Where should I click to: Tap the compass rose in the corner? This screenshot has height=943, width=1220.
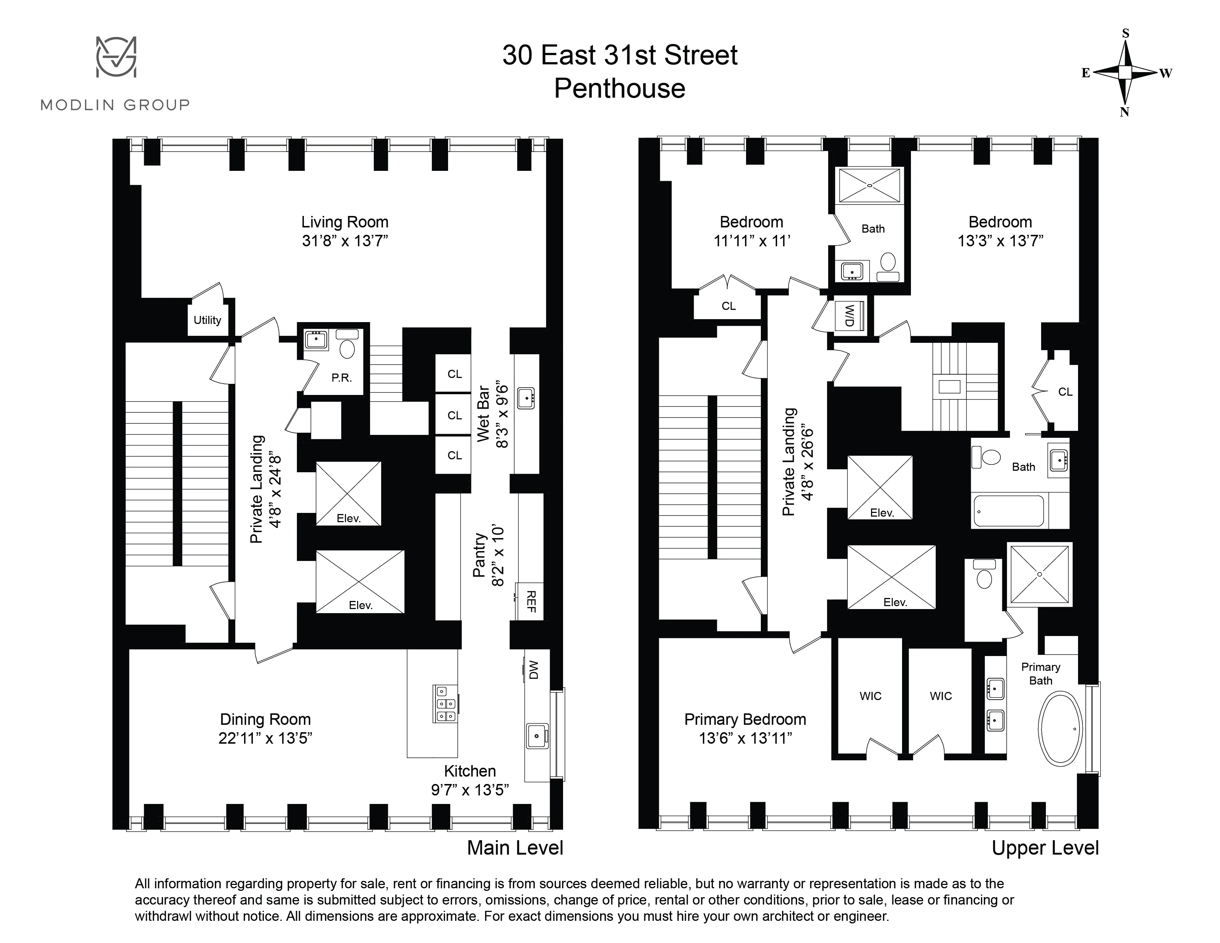1125,72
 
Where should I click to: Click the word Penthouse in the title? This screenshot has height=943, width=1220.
620,88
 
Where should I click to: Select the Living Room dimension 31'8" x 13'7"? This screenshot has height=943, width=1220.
345,241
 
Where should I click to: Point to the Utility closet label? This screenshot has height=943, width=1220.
207,320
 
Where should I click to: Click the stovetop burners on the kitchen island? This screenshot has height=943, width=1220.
445,703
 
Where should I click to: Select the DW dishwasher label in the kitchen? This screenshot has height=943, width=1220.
532,669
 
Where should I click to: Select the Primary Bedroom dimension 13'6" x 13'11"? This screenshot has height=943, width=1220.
745,738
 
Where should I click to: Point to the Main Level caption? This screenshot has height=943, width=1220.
515,848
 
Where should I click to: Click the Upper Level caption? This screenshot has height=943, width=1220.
1045,848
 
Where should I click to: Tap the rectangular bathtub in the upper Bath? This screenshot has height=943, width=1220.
1009,511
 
